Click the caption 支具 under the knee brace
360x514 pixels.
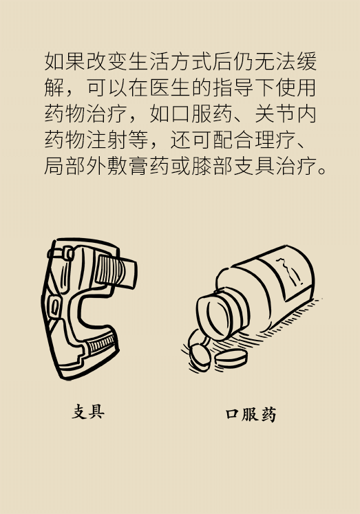pyautogui.click(x=88, y=411)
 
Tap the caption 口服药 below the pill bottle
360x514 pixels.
pyautogui.click(x=251, y=414)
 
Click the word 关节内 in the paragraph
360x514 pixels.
pyautogui.click(x=285, y=114)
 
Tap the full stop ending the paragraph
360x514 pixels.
pyautogui.click(x=322, y=171)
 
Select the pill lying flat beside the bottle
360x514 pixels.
pyautogui.click(x=231, y=358)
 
